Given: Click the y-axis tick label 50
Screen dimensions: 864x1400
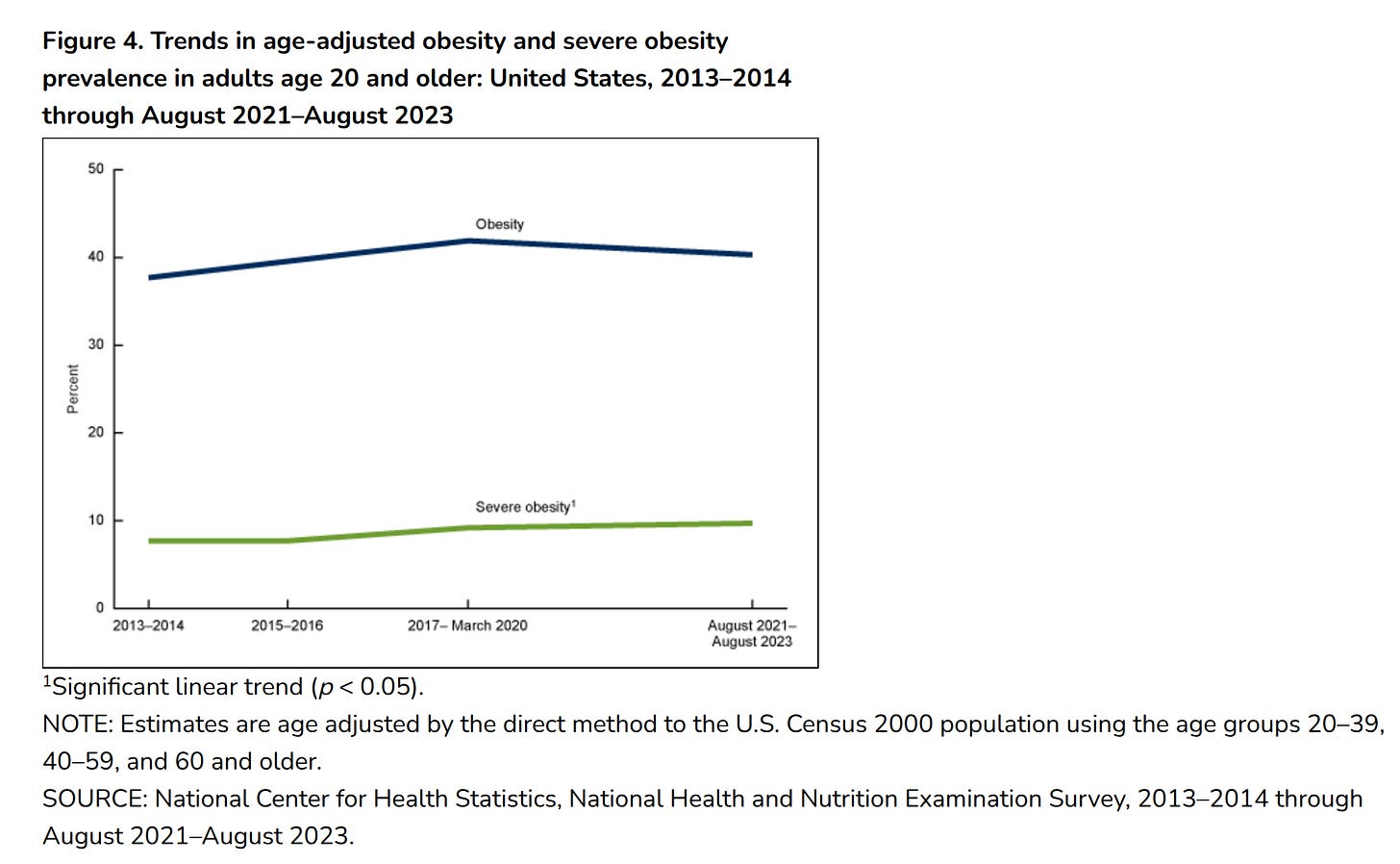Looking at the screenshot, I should (x=96, y=168).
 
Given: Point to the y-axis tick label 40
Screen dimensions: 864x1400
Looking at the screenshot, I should (x=96, y=257).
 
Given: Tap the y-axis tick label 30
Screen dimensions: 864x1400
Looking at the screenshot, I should (x=96, y=344).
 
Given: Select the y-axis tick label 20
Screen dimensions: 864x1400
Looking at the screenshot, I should (x=96, y=432).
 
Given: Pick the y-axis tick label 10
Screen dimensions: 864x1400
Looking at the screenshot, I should (x=96, y=521).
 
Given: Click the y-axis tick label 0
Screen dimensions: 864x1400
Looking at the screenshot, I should (x=100, y=608).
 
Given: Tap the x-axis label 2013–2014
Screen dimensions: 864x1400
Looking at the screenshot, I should (x=148, y=625).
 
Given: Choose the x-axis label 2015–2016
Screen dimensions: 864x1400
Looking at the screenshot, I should (x=287, y=625).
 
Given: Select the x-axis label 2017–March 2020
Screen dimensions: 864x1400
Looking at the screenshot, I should (x=467, y=625).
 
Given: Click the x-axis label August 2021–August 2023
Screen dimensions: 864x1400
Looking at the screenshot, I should (x=752, y=633).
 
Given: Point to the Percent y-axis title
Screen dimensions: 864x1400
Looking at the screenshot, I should (x=73, y=389).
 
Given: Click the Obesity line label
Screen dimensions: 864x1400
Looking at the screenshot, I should (x=500, y=224).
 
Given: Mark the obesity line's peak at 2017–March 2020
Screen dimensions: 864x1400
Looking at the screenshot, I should (x=468, y=241).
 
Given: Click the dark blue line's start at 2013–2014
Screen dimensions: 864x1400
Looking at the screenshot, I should (x=151, y=277).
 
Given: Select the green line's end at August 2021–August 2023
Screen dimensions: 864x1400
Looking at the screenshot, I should (x=750, y=523).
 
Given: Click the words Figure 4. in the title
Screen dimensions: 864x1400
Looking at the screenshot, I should (x=92, y=41).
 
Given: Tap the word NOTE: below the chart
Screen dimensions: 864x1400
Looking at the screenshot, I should (x=77, y=724).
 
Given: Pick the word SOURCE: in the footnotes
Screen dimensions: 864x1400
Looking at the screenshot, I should (x=94, y=800).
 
